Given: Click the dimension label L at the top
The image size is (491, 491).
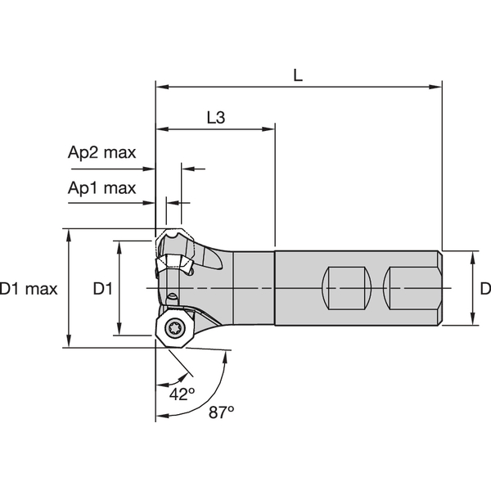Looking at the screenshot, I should pyautogui.click(x=298, y=74).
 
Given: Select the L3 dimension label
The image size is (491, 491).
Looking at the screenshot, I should pyautogui.click(x=215, y=118).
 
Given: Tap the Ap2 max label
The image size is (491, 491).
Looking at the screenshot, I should pyautogui.click(x=101, y=153).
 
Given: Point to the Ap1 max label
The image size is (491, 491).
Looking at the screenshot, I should pyautogui.click(x=101, y=187).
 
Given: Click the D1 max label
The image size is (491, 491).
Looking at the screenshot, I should pyautogui.click(x=29, y=289).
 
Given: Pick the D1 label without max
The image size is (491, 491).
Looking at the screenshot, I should pyautogui.click(x=102, y=289).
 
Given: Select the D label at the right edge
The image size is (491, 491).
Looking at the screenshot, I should pyautogui.click(x=484, y=289).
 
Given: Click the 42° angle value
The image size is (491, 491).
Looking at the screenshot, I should pyautogui.click(x=182, y=394).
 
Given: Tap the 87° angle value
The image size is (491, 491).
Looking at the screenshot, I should pyautogui.click(x=220, y=412).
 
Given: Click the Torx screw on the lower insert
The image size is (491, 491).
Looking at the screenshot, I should pyautogui.click(x=173, y=329).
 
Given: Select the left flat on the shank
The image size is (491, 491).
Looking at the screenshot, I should pyautogui.click(x=349, y=288).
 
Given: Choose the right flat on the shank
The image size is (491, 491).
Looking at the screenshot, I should pyautogui.click(x=413, y=288).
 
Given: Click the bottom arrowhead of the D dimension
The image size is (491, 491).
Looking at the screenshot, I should pyautogui.click(x=472, y=319).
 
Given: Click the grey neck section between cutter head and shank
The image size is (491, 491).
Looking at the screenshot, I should pyautogui.click(x=254, y=288).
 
